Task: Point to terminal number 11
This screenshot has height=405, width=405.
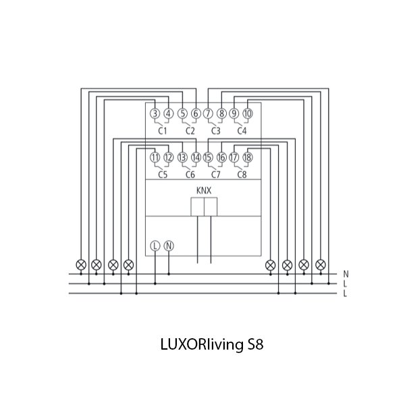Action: tap(155, 157)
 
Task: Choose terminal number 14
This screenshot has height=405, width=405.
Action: tap(195, 157)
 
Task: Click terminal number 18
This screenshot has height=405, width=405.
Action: tap(248, 157)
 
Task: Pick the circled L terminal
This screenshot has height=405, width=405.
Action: tap(155, 246)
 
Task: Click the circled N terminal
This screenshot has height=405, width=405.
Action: tap(169, 246)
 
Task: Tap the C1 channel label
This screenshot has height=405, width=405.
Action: tap(162, 130)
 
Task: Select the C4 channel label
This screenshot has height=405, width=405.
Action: tap(242, 130)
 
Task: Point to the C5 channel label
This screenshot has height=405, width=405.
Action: tap(162, 174)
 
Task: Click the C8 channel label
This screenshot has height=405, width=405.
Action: tap(242, 174)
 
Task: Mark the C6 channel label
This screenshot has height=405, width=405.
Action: tap(190, 174)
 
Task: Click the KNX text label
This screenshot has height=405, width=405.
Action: tap(204, 191)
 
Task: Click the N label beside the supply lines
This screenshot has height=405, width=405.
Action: tap(346, 274)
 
